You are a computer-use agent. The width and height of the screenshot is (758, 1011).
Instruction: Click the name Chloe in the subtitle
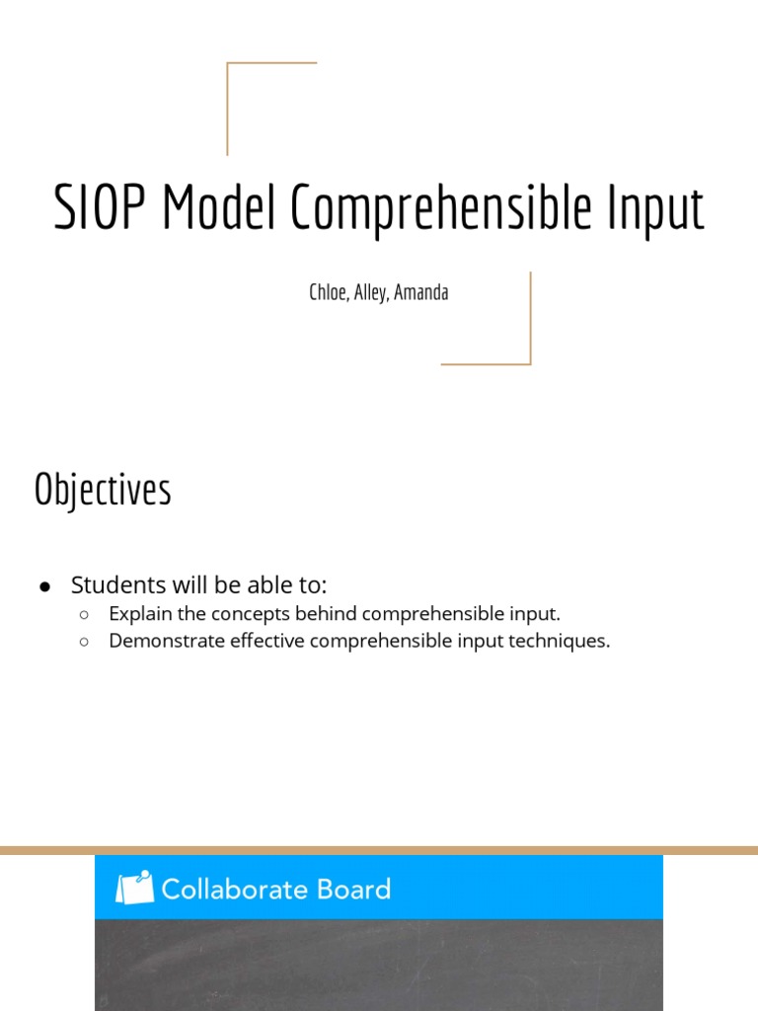click(x=327, y=293)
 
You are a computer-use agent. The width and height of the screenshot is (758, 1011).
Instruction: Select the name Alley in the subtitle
click(x=369, y=293)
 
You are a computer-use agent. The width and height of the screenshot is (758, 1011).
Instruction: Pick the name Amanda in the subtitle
click(x=421, y=293)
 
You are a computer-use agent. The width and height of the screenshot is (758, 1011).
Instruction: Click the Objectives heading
click(x=103, y=491)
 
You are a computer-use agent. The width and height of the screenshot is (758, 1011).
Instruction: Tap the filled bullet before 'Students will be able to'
click(x=45, y=586)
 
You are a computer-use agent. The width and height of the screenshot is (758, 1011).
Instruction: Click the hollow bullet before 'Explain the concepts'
click(x=85, y=614)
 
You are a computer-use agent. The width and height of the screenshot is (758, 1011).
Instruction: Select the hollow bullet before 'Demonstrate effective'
click(x=85, y=642)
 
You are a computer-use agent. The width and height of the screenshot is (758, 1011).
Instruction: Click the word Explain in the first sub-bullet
click(x=136, y=614)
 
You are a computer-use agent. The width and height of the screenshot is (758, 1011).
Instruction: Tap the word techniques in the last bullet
click(x=566, y=641)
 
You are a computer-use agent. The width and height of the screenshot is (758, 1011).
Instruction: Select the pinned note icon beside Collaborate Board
click(x=135, y=888)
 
